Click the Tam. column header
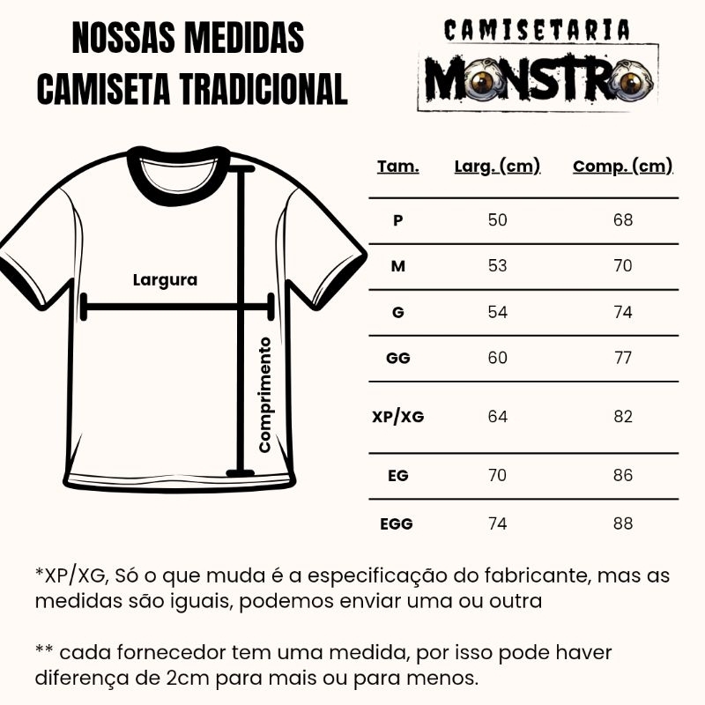click(x=398, y=167)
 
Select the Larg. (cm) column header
click(x=497, y=167)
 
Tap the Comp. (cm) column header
click(x=623, y=167)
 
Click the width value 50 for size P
click(x=498, y=219)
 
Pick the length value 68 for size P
click(x=623, y=219)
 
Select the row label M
click(x=398, y=265)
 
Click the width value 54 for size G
click(x=498, y=312)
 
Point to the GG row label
click(x=398, y=359)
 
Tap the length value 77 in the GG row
click(x=623, y=359)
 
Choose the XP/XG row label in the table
click(x=398, y=417)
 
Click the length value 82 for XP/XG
click(x=623, y=417)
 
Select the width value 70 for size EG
click(x=498, y=476)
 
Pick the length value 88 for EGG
click(x=623, y=523)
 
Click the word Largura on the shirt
click(x=165, y=281)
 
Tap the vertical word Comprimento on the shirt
click(x=264, y=394)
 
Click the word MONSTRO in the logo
click(x=538, y=81)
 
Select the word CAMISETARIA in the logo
click(x=537, y=31)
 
